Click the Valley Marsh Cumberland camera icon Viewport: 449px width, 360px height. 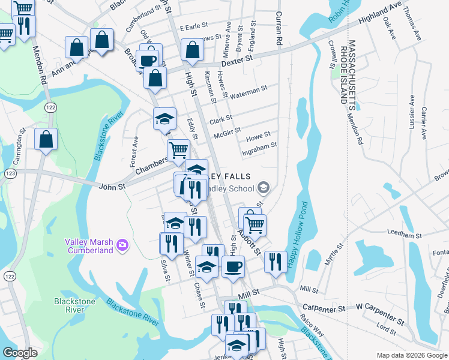coord(122,244)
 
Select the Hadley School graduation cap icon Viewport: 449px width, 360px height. coord(264,188)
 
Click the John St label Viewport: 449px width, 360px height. coord(112,187)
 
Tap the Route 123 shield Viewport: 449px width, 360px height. coord(10,173)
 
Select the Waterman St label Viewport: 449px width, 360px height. coord(249,89)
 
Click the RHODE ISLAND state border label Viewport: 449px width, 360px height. coord(344,73)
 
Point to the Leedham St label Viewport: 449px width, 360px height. coord(402,230)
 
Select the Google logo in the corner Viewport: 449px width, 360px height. coord(20,352)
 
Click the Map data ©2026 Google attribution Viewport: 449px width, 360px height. coord(412,355)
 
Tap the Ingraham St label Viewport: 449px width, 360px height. coord(259,145)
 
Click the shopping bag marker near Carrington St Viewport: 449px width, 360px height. coord(46,140)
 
